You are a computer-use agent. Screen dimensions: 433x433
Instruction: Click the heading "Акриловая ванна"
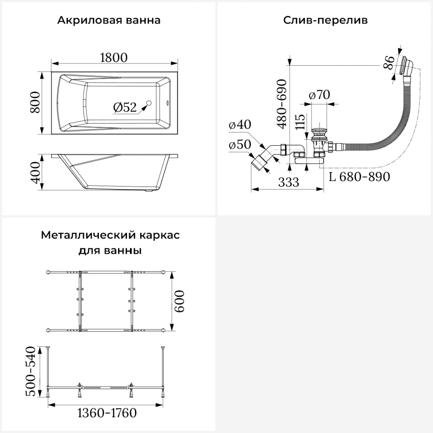click(x=109, y=20)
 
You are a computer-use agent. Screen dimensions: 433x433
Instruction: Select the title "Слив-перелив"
click(x=325, y=20)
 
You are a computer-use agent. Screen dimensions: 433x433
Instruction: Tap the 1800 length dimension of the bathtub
click(x=114, y=58)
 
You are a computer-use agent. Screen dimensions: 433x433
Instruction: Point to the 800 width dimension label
click(x=35, y=102)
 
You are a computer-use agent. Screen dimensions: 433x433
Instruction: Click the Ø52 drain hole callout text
click(x=125, y=107)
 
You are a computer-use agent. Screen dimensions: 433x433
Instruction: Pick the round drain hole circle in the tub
click(x=149, y=103)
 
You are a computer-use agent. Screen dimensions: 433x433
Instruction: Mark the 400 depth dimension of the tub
click(x=35, y=172)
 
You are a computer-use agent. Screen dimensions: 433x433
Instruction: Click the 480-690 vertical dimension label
click(x=282, y=104)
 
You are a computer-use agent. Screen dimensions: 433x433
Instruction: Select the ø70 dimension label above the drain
click(x=319, y=95)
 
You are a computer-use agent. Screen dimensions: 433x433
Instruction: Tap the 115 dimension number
click(x=300, y=122)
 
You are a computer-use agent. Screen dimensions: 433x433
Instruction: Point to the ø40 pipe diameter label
click(x=240, y=124)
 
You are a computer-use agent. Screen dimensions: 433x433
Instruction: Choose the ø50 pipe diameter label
click(x=240, y=145)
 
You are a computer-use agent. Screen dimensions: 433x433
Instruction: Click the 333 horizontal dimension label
click(x=289, y=182)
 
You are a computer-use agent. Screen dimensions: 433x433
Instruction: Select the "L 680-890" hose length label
click(x=359, y=176)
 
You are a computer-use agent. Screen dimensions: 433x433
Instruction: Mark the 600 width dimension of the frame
click(x=179, y=301)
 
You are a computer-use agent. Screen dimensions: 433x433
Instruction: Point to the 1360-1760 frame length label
click(x=107, y=413)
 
